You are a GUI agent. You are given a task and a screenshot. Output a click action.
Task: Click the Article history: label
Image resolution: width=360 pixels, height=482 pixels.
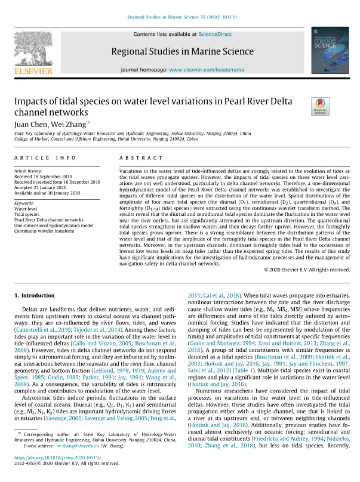pyautogui.click(x=30, y=171)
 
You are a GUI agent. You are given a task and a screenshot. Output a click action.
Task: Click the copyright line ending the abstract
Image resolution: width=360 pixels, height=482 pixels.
pyautogui.click(x=307, y=270)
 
